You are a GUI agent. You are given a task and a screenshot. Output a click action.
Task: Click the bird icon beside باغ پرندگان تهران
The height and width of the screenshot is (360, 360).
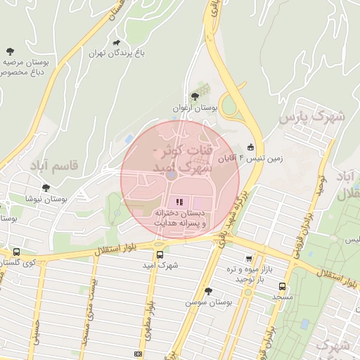115,41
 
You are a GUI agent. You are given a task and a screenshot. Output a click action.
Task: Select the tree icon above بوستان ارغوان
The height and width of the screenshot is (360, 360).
195,96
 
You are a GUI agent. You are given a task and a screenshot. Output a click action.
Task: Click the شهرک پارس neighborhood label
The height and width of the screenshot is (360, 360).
312,117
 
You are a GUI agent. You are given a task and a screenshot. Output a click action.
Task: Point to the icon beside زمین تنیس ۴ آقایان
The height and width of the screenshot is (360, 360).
251,148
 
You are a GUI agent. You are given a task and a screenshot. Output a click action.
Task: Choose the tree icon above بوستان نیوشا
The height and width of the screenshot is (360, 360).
46,188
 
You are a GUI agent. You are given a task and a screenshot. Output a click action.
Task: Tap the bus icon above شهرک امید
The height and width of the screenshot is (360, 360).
159,255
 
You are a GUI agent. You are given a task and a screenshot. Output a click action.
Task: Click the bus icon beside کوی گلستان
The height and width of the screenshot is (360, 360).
16,252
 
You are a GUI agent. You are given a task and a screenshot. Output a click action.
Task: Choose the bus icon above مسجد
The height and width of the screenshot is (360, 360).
282,287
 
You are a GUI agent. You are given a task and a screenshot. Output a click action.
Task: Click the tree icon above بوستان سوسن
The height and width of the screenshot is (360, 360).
208,290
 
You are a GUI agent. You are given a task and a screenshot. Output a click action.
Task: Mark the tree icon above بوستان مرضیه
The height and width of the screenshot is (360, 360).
10,51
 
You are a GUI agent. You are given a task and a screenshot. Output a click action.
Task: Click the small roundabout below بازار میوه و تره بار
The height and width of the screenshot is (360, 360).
247,292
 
